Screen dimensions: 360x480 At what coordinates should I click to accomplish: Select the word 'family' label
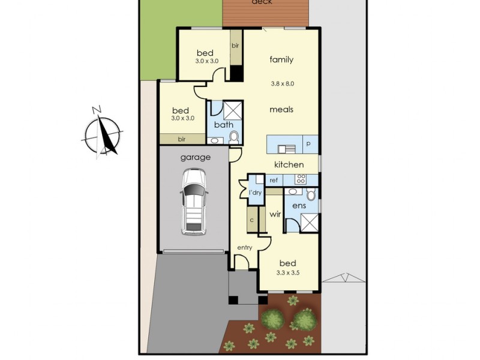[x=281, y=59]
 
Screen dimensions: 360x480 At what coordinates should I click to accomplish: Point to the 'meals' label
[x=281, y=109]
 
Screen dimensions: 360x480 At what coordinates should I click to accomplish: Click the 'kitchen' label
[x=289, y=164]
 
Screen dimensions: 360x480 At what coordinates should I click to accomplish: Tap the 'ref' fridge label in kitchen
[x=274, y=180]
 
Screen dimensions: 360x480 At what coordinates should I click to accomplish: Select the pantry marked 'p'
[x=309, y=144]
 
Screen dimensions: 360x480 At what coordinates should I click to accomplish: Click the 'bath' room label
[x=224, y=125]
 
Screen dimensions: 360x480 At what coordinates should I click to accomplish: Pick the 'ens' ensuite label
[x=299, y=206]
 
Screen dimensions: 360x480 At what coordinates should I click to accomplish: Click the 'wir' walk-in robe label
[x=275, y=214]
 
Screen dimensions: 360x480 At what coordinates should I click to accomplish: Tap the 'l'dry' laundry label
[x=256, y=193]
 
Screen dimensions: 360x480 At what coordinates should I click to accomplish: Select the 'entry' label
[x=244, y=247]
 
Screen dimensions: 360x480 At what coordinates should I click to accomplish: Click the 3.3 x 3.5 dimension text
[x=287, y=272]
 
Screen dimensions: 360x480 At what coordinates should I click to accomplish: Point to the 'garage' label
[x=195, y=158]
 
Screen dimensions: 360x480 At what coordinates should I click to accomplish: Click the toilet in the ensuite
[x=310, y=195]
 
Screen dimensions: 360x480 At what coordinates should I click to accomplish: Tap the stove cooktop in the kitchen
[x=301, y=179]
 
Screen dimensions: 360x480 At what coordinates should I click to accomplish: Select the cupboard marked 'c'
[x=252, y=220]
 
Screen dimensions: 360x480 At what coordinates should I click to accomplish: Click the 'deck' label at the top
[x=262, y=2]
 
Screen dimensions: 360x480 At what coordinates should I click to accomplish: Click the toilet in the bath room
[x=234, y=137]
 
